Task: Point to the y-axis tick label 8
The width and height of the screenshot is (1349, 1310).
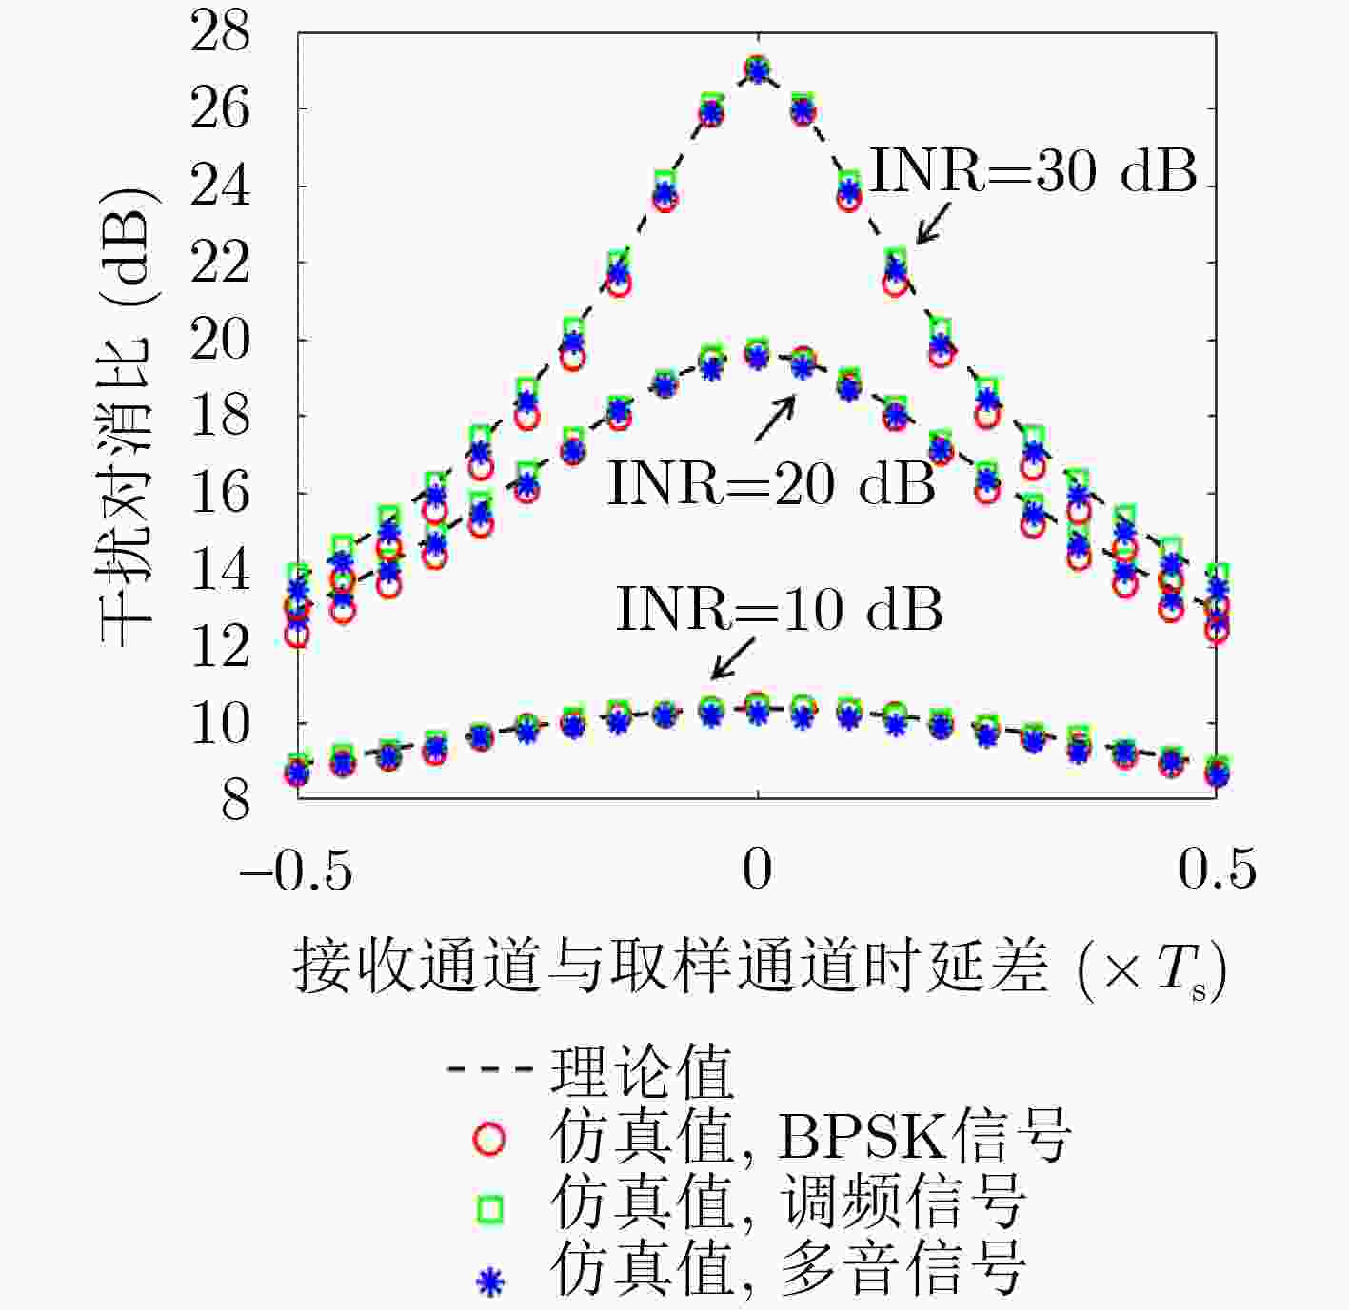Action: [x=235, y=801]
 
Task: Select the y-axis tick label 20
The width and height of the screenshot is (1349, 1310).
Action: [x=220, y=340]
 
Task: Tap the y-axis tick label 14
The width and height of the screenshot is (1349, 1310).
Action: [x=220, y=571]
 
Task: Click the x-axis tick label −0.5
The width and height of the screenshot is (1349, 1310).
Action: [x=296, y=870]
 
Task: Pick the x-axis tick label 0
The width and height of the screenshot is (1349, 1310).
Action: [x=757, y=870]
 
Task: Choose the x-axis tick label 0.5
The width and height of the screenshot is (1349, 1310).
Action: [x=1217, y=870]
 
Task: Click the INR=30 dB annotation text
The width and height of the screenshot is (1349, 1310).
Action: [x=1033, y=172]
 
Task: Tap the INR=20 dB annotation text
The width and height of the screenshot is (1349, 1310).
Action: [x=771, y=483]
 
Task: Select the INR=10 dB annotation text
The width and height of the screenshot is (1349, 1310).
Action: [x=779, y=609]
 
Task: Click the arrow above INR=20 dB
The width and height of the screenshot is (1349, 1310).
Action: [x=775, y=419]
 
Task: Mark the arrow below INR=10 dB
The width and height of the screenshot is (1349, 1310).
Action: [x=732, y=658]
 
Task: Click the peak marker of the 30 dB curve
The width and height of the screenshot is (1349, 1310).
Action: [x=757, y=70]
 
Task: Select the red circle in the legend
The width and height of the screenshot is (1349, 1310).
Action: [x=489, y=1138]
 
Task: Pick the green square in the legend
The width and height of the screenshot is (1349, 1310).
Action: [x=489, y=1209]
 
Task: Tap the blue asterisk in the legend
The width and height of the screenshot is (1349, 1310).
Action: [x=489, y=1281]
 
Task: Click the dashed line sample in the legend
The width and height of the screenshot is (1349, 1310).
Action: [x=489, y=1071]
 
